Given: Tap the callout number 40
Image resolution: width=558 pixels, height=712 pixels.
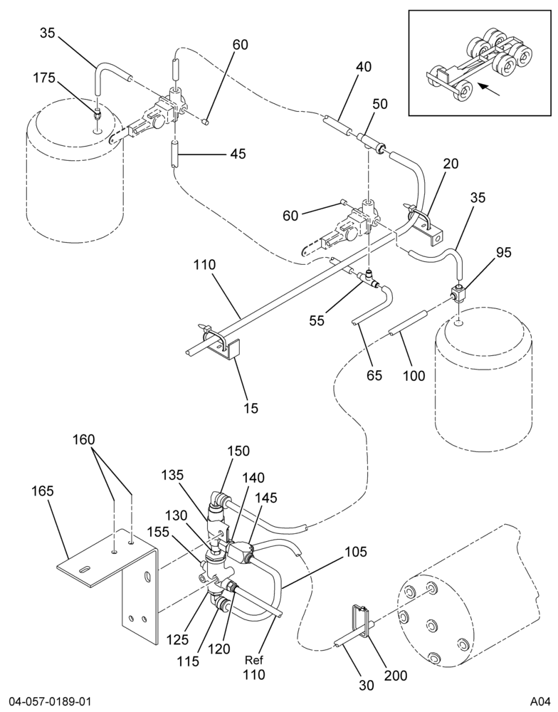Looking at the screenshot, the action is pos(364,67).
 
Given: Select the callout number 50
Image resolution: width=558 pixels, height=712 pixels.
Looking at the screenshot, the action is pos(380,104).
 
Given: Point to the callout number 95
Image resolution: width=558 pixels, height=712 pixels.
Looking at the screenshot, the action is pos(503,253).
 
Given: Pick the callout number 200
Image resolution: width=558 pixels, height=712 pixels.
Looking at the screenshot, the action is pos(396,675).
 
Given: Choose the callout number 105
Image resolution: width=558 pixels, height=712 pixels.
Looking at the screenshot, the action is pos(356,552).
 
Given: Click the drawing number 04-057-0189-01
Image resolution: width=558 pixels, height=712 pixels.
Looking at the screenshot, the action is pos(46,702).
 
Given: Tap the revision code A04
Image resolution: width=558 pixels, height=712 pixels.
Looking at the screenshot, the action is pos(539,702).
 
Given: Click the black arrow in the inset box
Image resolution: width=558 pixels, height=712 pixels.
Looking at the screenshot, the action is pos(490,90).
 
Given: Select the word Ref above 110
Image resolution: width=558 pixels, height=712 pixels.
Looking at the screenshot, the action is pos(254,659).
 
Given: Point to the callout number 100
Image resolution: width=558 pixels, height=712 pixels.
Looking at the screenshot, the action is pos(414,375).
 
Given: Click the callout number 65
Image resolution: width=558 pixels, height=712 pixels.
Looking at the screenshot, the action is pos(374,375).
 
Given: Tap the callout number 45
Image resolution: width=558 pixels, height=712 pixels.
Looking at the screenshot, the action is pos(238,154).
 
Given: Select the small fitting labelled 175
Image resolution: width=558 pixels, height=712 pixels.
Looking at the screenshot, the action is pos(98,115).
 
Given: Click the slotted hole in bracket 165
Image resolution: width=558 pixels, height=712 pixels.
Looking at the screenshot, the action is pos(85,569).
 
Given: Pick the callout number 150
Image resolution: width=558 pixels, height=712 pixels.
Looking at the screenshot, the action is pos(238,451).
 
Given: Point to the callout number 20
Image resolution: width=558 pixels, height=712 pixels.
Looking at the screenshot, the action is pos(451,164).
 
